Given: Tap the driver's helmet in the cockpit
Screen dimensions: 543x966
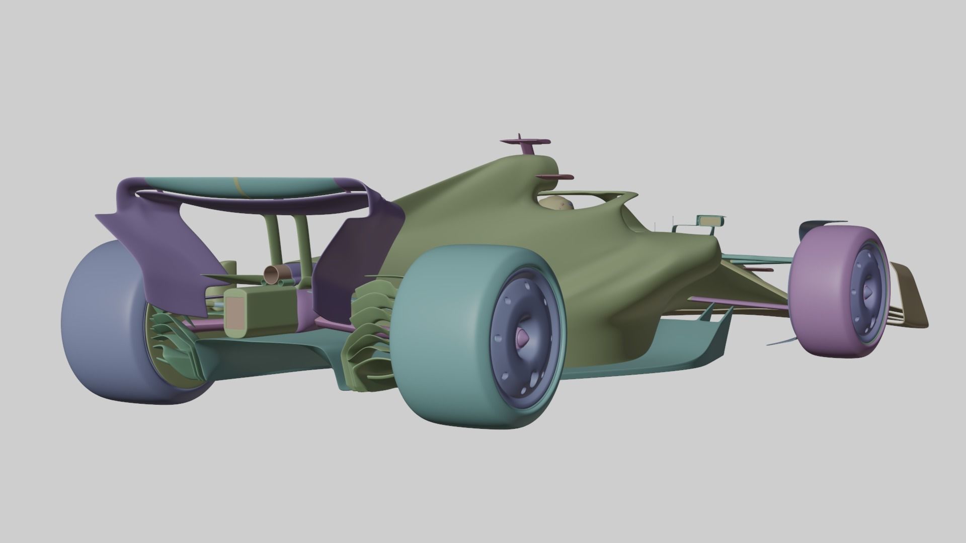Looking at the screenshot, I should point(556,204).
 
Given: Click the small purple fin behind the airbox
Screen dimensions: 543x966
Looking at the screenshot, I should point(555,177).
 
